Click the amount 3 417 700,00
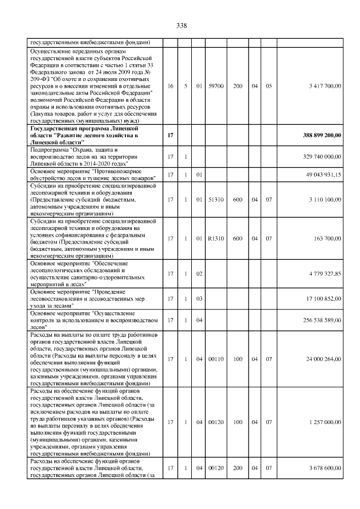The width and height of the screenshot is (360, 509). click(321, 86)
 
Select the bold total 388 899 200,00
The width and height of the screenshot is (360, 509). click(318, 136)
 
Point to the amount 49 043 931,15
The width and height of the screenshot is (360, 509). click(320, 175)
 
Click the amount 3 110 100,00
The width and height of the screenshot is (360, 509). click(321, 200)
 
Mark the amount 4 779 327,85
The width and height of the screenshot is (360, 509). click(321, 273)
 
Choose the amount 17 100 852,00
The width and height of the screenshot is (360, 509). click(320, 299)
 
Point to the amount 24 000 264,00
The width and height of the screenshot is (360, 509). click(320, 359)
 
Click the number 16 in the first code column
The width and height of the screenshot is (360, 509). click(170, 86)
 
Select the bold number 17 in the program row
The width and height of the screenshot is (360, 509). click(170, 136)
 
